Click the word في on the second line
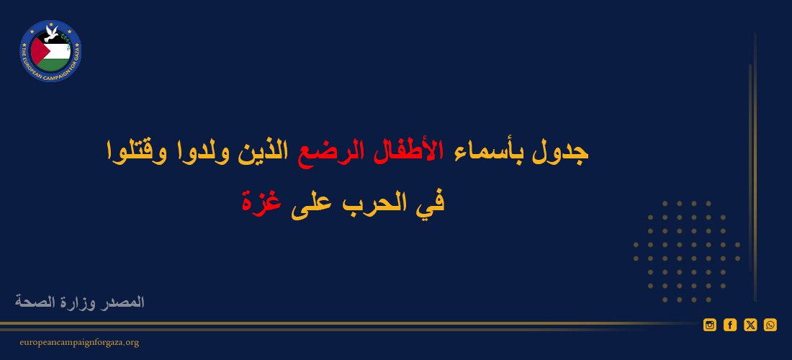click(x=432, y=203)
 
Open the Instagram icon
click(x=710, y=325)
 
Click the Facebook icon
click(x=730, y=325)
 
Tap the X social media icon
click(x=750, y=325)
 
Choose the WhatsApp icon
click(x=770, y=325)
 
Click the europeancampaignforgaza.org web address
click(x=79, y=343)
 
